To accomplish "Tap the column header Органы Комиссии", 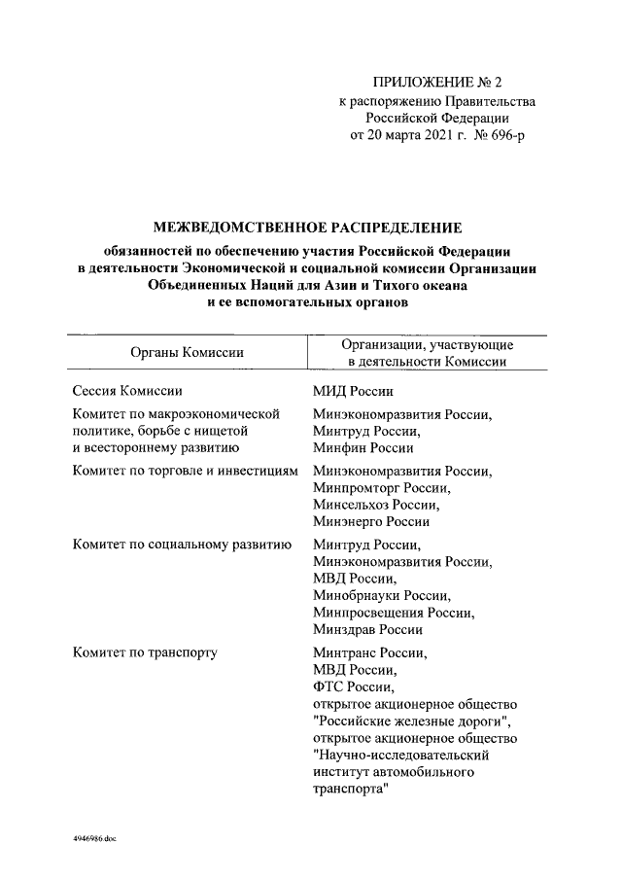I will pyautogui.click(x=187, y=352).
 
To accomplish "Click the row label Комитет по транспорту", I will pyautogui.click(x=145, y=652).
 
